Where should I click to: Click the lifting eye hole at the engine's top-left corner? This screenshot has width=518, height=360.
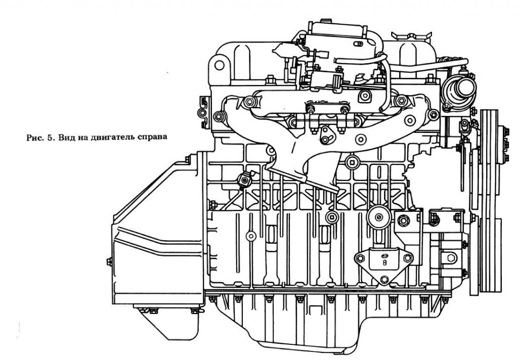click(219, 65)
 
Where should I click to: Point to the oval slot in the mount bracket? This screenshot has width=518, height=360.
click(384, 263)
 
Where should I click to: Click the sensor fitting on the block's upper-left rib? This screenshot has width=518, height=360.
click(245, 178)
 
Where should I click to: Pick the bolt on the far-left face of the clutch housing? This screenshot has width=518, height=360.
click(109, 261)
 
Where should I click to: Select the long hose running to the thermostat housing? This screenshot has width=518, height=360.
click(425, 65)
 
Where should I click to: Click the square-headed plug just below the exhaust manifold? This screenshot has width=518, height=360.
click(352, 162)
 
